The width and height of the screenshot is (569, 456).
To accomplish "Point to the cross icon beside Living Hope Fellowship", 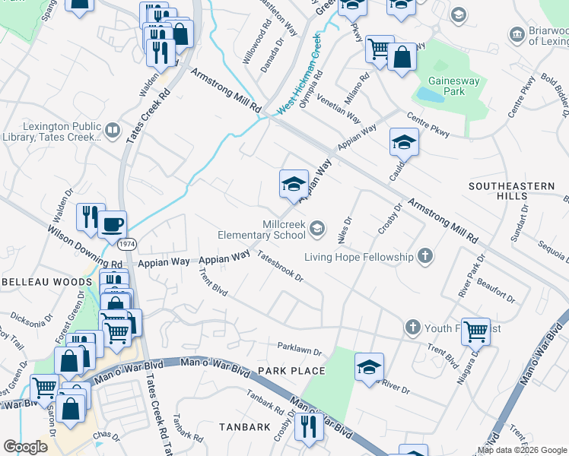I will click(x=425, y=257).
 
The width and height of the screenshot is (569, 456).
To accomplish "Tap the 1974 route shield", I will click(x=127, y=243).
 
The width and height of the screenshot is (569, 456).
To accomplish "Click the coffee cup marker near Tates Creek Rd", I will click(x=113, y=224).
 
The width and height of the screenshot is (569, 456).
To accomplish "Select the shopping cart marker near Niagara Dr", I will click(x=475, y=331).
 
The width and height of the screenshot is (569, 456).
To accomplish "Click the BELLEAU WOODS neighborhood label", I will click(x=43, y=282).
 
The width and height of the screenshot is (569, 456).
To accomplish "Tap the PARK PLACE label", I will click(x=291, y=371).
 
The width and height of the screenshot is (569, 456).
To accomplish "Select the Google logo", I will click(x=25, y=447).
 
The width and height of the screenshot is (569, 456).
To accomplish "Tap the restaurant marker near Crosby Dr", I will click(x=309, y=426).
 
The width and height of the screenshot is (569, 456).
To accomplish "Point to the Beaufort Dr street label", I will click(x=495, y=291).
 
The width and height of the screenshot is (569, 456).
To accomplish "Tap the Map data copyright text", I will click(x=522, y=449).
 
